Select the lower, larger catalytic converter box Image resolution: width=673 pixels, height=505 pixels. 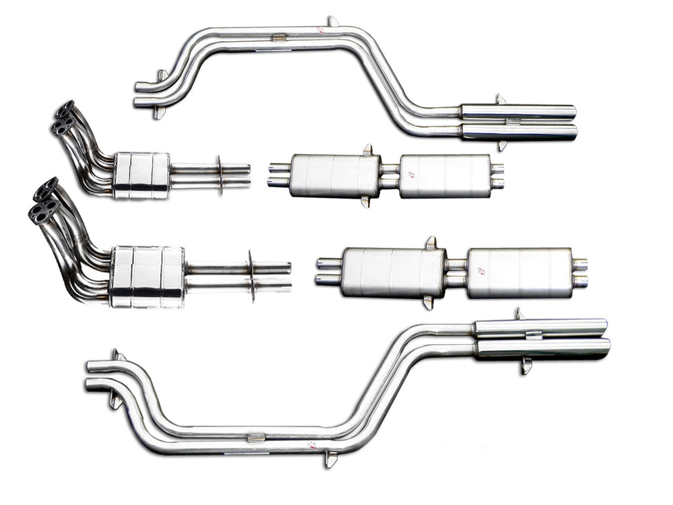pyautogui.click(x=147, y=276)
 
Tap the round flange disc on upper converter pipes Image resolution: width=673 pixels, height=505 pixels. pyautogui.click(x=220, y=176)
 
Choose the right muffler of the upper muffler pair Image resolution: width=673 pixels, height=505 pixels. pyautogui.click(x=445, y=176)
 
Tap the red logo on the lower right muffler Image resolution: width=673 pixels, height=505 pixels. pyautogui.click(x=481, y=271)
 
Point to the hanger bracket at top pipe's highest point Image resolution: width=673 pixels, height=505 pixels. pyautogui.click(x=332, y=22)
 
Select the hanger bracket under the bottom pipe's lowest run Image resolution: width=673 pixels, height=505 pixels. pyautogui.click(x=329, y=459)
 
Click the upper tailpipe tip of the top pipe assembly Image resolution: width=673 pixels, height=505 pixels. pyautogui.click(x=518, y=111)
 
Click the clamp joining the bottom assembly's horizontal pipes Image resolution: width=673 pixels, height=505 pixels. pyautogui.click(x=256, y=437)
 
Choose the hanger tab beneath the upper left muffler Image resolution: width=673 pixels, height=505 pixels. pyautogui.click(x=365, y=201)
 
